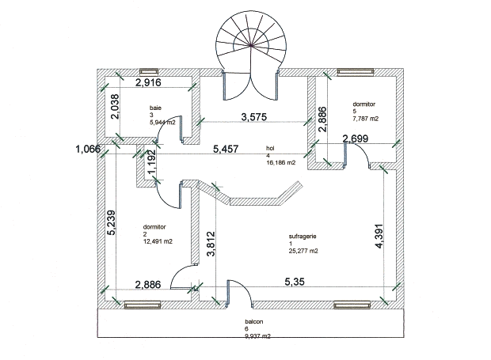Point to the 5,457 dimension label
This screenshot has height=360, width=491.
coord(229,148)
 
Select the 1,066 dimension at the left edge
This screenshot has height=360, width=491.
coord(89,149)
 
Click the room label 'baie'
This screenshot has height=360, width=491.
coord(156,107)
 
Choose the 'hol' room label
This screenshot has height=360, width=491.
coord(271,148)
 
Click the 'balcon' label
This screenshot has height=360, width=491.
coord(253,321)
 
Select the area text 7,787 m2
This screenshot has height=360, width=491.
coord(366,119)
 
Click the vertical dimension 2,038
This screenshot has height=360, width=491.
coord(116,106)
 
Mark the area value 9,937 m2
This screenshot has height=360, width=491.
coord(258,336)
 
